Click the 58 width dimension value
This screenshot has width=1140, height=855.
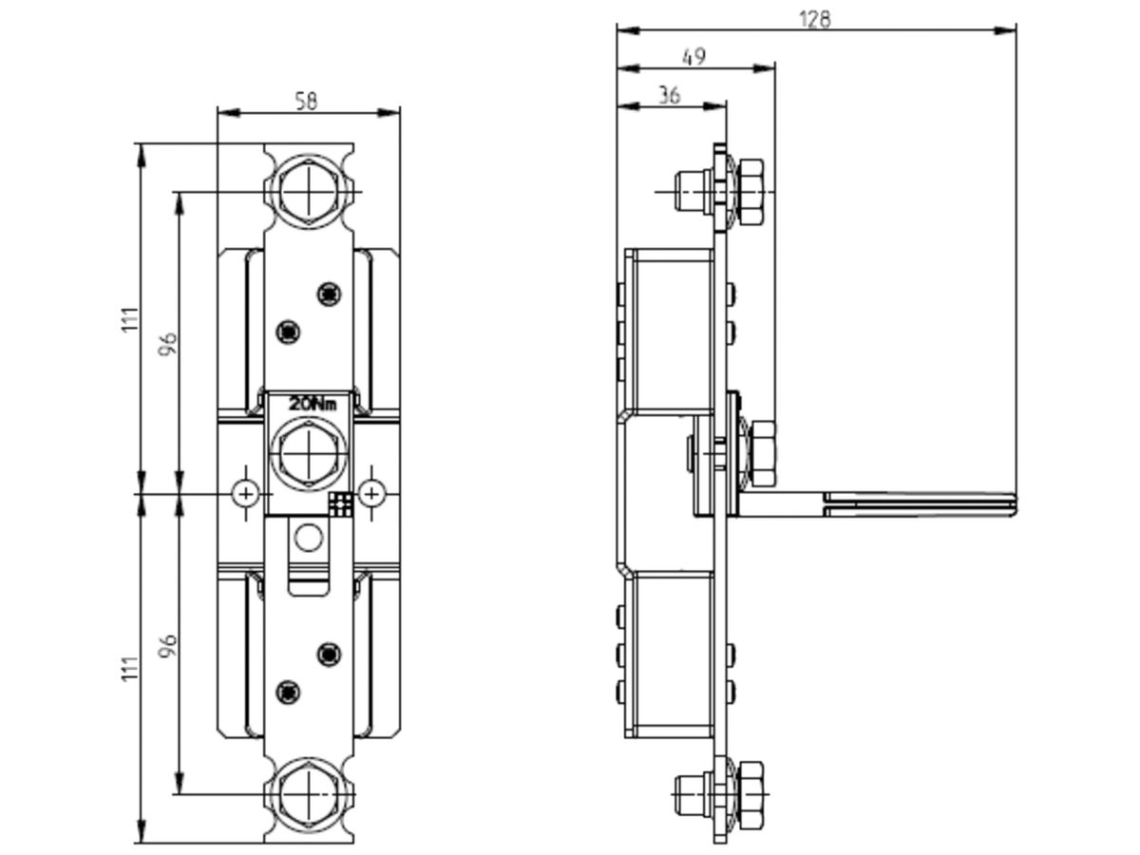point(306,101)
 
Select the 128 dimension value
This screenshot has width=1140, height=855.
point(815,19)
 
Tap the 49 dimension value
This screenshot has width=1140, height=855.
point(693,57)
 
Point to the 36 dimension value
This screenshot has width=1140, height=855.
point(670,96)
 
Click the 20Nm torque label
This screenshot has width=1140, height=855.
point(313,404)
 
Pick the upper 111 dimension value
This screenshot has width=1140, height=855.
point(130,319)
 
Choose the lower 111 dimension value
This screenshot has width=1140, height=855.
point(130,669)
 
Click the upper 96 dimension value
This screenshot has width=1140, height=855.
point(168,344)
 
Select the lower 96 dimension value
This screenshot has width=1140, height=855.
point(168,646)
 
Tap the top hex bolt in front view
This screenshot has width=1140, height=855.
point(309,192)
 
